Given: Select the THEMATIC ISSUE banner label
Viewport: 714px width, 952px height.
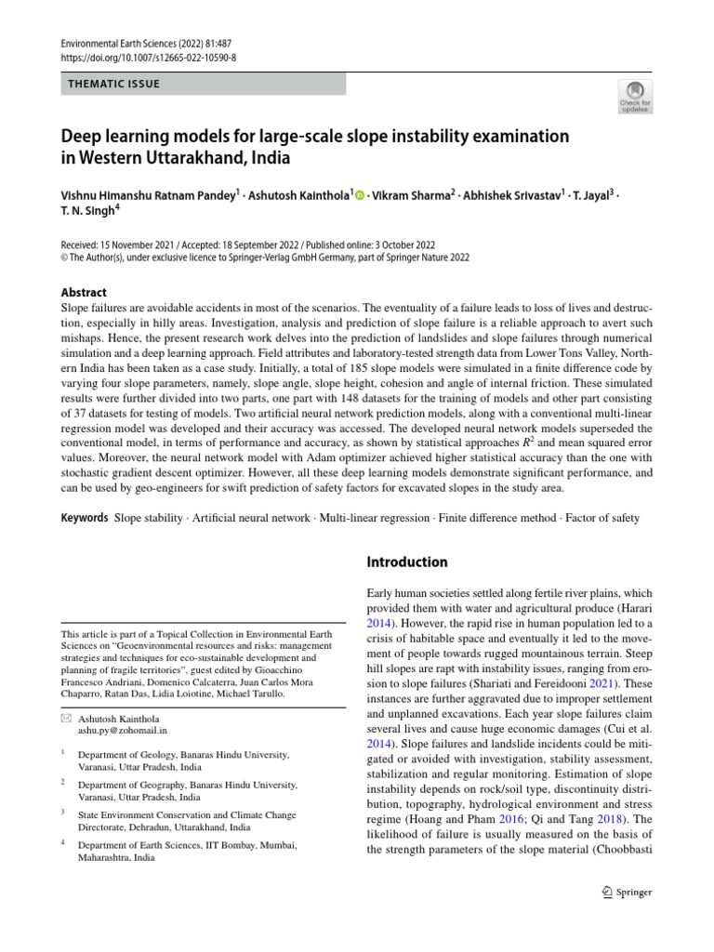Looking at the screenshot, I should [x=114, y=84].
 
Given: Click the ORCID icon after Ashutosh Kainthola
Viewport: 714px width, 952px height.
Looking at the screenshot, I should [x=360, y=196].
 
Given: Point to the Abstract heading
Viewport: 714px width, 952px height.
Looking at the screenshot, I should [x=84, y=291].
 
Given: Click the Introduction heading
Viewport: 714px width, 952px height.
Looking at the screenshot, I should [x=407, y=562].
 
